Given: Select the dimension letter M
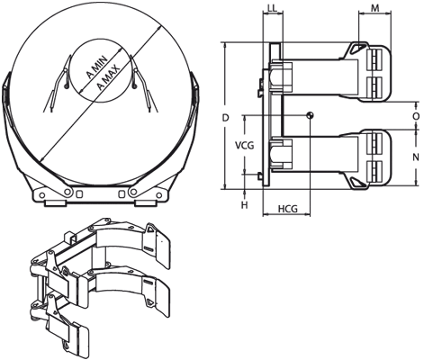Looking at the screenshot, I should tap(374, 9).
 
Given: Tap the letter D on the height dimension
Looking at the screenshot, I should tap(226, 117).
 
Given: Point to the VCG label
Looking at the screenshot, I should tap(244, 144).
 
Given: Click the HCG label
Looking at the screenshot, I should tap(288, 209).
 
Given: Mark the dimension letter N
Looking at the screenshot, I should tap(415, 157).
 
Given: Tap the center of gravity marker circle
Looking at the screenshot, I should tap(310, 114).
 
